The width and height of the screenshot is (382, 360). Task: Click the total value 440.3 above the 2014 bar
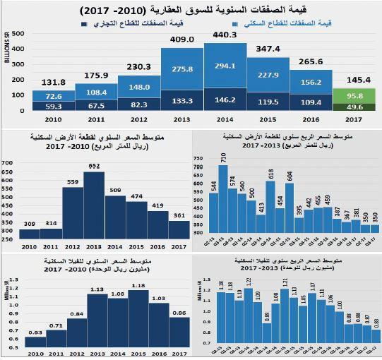224,35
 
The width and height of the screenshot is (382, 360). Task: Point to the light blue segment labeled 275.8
181,68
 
